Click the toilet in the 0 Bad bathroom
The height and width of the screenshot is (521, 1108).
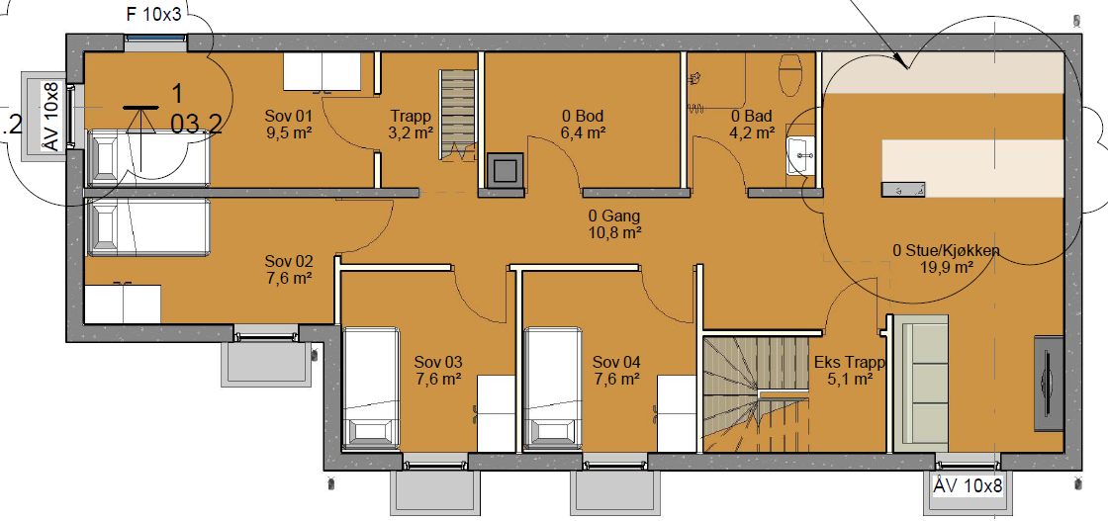coord(789,75)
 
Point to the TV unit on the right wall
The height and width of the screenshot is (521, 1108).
coord(1049,384)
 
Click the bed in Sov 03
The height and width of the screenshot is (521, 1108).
coord(370,388)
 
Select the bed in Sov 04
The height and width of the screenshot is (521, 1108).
coord(553,388)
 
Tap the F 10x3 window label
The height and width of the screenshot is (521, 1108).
coord(154,16)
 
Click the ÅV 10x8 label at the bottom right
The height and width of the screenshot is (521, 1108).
coord(969,485)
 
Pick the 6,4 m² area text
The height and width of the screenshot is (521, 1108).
coord(584,132)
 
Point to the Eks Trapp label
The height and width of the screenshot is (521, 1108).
coord(850,363)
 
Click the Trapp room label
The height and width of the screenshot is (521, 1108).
coord(411,116)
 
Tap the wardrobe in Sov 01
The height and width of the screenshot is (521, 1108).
coord(322,73)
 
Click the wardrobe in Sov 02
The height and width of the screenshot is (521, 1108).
coord(123,303)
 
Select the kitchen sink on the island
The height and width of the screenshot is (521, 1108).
coord(903,189)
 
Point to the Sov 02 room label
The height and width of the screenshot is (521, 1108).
coord(288,262)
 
